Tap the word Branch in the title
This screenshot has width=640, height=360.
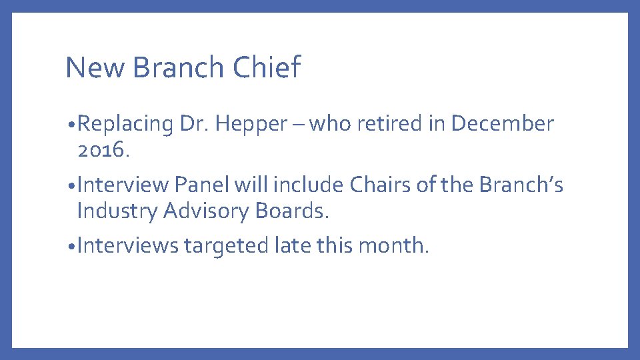179,67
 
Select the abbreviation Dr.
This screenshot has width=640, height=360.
193,124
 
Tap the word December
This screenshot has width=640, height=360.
502,124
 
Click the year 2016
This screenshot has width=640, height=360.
101,150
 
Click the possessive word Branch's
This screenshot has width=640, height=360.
520,185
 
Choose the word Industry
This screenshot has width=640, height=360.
117,211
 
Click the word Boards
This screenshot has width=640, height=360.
293,211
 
